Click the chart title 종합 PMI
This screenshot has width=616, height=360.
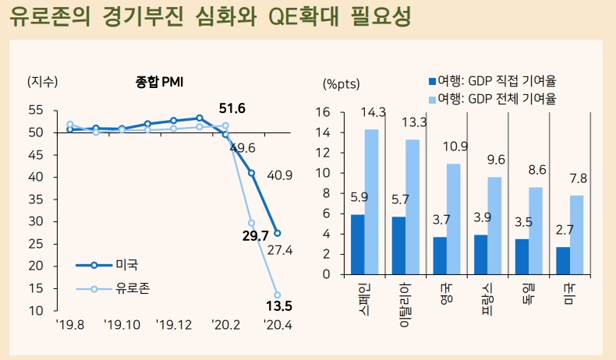tap(159, 81)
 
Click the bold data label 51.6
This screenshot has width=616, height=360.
tap(232, 108)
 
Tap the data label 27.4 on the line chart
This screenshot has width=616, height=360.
tap(278, 250)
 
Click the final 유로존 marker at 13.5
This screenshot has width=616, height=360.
tap(278, 295)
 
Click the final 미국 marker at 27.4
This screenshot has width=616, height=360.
tap(278, 233)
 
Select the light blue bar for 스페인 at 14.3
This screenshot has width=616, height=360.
tap(371, 202)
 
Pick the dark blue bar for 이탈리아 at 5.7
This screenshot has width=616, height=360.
tap(398, 245)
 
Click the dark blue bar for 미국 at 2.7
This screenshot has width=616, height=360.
tap(562, 260)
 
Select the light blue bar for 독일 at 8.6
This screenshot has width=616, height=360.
tap(535, 231)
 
